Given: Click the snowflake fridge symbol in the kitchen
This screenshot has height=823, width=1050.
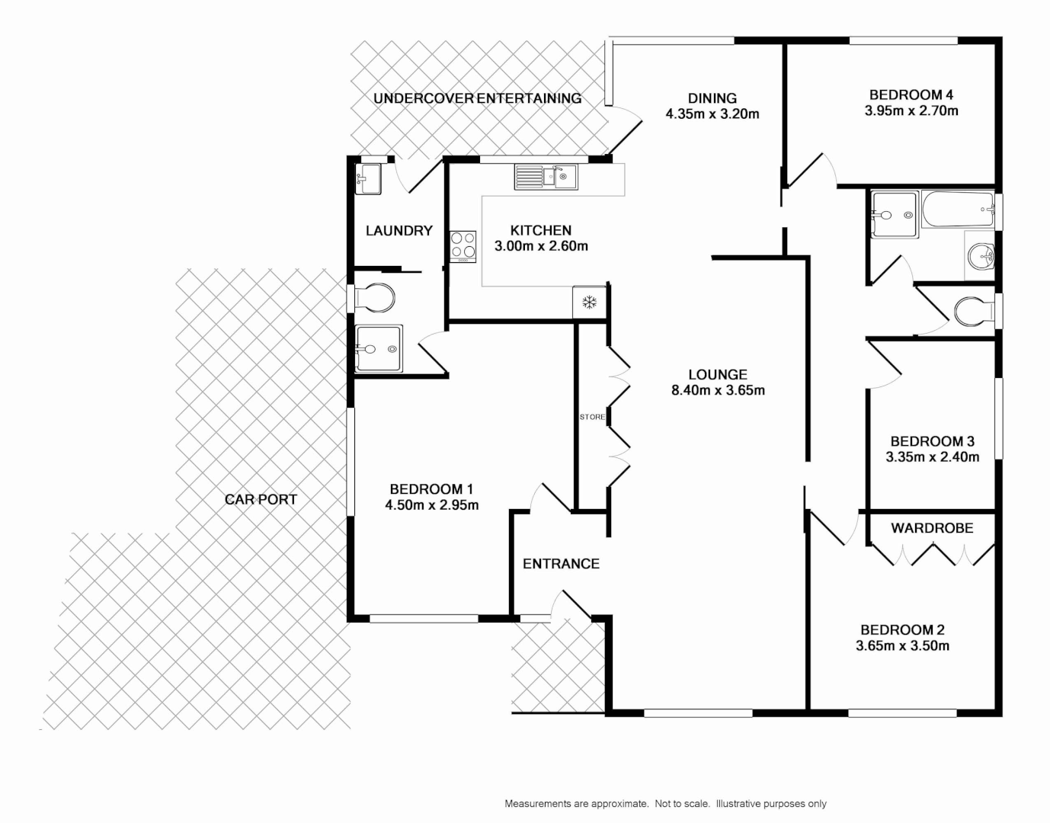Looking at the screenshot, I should click(x=588, y=303).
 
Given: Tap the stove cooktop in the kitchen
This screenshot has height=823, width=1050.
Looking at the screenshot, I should click(x=463, y=246).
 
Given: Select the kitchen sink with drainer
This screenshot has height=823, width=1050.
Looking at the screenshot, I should click(x=546, y=177).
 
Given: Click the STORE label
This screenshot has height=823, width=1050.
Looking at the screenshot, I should click(x=592, y=417).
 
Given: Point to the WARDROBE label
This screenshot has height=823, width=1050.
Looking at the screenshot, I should click(x=932, y=528).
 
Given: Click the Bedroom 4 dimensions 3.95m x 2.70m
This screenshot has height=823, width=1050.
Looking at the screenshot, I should click(x=911, y=111).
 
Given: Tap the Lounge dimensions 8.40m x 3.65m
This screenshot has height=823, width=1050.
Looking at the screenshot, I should click(x=718, y=391).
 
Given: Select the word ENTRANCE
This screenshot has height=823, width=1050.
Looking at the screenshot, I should click(x=561, y=564).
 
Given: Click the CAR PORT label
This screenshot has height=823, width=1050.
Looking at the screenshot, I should click(x=261, y=500).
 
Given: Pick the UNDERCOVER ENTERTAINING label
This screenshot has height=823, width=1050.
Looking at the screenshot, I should click(x=477, y=98).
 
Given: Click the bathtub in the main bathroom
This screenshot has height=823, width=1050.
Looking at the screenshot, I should click(x=958, y=210).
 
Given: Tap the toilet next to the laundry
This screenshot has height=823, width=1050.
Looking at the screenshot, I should click(x=375, y=297).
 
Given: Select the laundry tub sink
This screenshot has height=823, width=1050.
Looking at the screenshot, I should click(x=368, y=179).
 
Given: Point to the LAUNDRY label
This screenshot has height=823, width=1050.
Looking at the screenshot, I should click(x=399, y=231).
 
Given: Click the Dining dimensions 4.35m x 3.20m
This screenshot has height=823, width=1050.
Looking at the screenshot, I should click(x=712, y=114).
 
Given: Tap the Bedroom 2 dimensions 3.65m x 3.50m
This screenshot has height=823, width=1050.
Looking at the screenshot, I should click(x=902, y=646).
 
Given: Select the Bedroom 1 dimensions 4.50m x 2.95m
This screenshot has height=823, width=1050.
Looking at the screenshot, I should click(x=432, y=505).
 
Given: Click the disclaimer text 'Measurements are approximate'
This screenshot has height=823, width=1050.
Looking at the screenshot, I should click(x=576, y=804).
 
